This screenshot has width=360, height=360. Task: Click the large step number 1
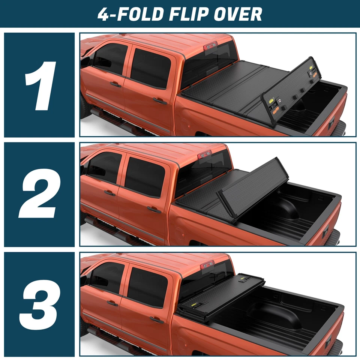pyautogui.click(x=40, y=85)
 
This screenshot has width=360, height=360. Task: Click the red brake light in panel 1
pyautogui.click(x=210, y=46)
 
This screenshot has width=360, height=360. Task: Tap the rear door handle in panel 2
pyautogui.click(x=154, y=209)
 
